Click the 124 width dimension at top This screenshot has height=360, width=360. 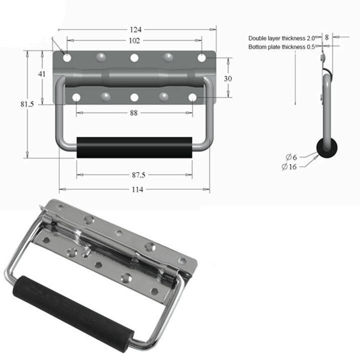pyautogui.click(x=135, y=29)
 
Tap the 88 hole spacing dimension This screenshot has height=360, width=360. pyautogui.click(x=134, y=113)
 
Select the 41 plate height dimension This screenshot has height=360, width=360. pyautogui.click(x=42, y=74)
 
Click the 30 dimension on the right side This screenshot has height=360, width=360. pyautogui.click(x=228, y=78)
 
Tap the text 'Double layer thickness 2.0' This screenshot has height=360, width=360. pyautogui.click(x=281, y=38)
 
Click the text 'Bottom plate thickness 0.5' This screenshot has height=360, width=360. pyautogui.click(x=281, y=47)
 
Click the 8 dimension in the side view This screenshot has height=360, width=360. pyautogui.click(x=326, y=36)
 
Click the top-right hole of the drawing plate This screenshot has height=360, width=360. pyautogui.click(x=201, y=58)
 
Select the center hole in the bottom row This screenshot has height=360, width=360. pyautogui.click(x=134, y=97)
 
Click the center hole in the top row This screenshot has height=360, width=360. pyautogui.click(x=134, y=58)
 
